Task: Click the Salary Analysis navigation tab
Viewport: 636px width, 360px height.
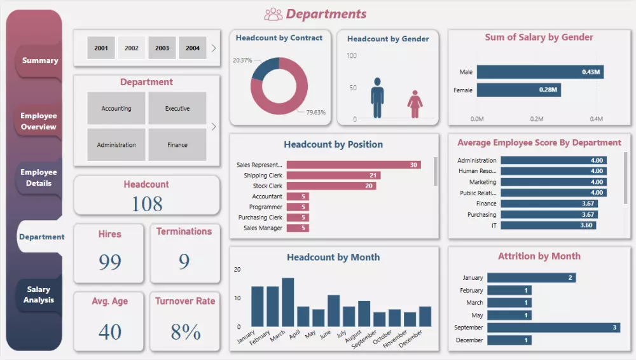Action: tap(39, 294)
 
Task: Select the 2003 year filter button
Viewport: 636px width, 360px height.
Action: tap(162, 48)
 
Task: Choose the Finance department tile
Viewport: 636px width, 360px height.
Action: tap(177, 145)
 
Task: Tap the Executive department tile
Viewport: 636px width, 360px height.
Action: tap(177, 108)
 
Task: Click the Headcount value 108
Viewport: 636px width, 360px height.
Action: tap(147, 204)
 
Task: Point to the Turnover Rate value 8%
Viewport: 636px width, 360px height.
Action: tap(185, 331)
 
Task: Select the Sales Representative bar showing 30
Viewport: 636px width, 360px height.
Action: tap(353, 165)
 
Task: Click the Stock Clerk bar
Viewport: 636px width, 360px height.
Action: tap(331, 186)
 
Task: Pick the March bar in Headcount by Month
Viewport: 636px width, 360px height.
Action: tap(287, 302)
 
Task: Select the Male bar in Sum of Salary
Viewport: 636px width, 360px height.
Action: tap(539, 72)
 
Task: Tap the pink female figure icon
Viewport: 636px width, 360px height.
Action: tap(415, 104)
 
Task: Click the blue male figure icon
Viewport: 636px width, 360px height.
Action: tap(377, 98)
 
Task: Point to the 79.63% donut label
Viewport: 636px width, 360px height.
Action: tap(315, 113)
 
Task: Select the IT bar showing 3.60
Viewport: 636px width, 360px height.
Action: tap(548, 225)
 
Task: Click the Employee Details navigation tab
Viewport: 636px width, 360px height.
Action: tap(39, 177)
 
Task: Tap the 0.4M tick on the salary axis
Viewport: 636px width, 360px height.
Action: tap(596, 119)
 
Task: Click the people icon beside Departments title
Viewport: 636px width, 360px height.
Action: tap(273, 14)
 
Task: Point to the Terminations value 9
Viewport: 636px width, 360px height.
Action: tap(184, 261)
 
